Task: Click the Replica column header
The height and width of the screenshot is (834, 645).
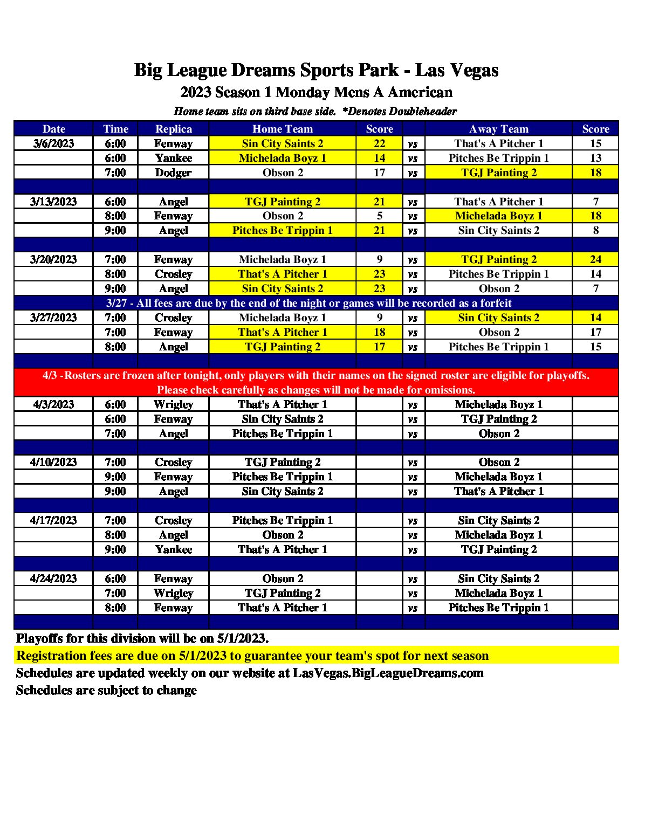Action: point(173,129)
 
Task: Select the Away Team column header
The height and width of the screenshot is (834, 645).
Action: point(498,129)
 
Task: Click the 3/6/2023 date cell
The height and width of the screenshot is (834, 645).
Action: point(53,143)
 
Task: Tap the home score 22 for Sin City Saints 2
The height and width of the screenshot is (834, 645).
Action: point(379,143)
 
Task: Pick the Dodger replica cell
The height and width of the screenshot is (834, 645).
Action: point(173,173)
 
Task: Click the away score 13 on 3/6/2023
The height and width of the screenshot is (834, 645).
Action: point(595,158)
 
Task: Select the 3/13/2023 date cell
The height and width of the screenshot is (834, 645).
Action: point(53,202)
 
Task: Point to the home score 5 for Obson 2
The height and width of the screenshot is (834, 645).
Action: point(379,216)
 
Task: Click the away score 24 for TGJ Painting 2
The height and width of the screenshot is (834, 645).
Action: point(595,259)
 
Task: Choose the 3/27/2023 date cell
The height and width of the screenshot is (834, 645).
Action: point(53,318)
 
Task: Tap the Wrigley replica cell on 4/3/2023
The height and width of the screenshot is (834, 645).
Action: point(173,404)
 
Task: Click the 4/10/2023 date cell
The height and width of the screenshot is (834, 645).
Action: point(53,462)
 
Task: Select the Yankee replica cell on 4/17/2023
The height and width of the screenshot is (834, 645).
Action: point(173,549)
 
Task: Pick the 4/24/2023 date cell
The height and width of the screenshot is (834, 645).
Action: point(53,578)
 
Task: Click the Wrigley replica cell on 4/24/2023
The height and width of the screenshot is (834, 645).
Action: point(173,593)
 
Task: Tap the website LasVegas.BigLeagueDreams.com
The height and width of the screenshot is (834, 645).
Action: point(388,673)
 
